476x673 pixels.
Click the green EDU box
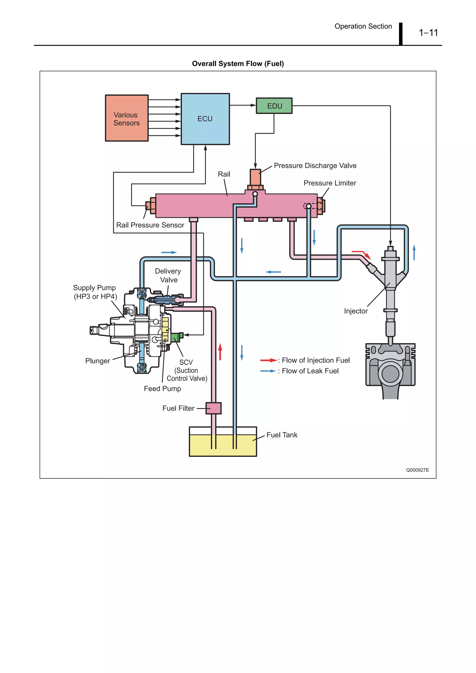pos(274,106)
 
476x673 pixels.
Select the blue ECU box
pos(205,119)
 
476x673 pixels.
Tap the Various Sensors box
pos(127,118)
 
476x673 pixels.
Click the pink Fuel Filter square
pos(214,408)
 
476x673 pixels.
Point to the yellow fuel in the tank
pos(223,446)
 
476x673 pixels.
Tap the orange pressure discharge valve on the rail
pos(255,177)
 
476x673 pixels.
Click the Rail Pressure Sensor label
pos(150,225)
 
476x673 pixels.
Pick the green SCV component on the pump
pos(176,337)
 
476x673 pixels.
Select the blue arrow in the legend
pos(268,371)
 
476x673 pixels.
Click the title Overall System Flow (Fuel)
pos(238,64)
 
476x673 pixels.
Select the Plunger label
pos(98,361)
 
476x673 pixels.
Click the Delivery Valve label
pos(168,275)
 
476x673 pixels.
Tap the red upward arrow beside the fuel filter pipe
pos(220,352)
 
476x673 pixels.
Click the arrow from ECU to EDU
pos(243,105)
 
